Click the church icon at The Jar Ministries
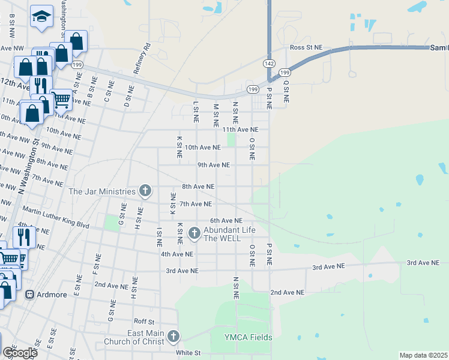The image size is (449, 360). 145,191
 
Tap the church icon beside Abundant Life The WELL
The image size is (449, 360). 194,232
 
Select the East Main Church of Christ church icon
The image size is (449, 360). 173,336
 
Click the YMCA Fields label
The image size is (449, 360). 249,337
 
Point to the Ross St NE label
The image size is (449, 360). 306,47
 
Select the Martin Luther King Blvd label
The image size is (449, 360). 55,218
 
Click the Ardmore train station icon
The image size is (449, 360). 29,295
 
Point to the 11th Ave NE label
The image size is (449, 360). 240,129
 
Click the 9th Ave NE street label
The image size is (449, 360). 214,164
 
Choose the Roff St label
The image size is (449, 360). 145,321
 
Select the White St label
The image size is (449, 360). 188,353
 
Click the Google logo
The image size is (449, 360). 20,353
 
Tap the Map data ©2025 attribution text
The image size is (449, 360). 423,355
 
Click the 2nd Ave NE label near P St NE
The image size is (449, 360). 287,292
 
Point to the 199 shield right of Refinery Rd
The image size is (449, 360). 253,90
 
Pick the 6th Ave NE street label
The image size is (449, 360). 226,221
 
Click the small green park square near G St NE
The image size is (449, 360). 112,223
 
